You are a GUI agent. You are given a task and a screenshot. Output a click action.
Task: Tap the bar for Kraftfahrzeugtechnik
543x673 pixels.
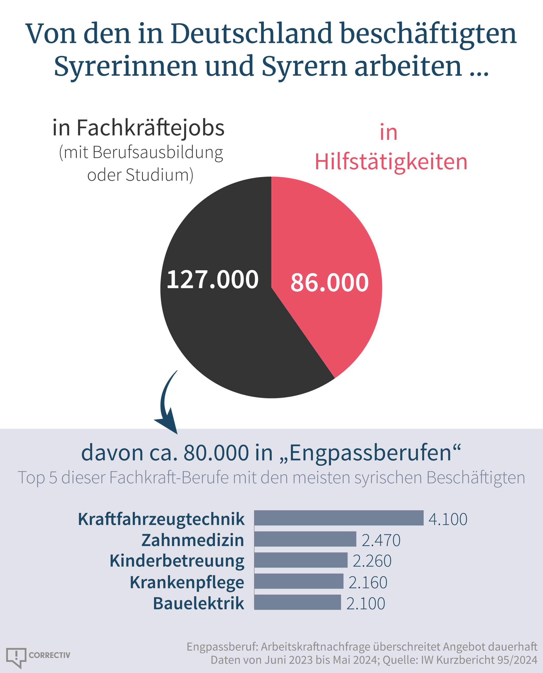[339, 518]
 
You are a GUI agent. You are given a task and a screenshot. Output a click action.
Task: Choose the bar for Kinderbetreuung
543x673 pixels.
[301, 560]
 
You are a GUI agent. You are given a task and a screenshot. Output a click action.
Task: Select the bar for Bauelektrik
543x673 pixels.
[297, 602]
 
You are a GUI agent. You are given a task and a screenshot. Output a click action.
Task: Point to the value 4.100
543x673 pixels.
[448, 519]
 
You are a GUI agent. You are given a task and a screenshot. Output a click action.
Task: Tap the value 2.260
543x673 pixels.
[372, 561]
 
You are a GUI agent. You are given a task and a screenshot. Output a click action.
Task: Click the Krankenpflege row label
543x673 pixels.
[187, 582]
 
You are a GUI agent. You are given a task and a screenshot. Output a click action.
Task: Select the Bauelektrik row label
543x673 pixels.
[198, 603]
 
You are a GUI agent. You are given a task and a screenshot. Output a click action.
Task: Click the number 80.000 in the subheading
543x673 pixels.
[216, 453]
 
